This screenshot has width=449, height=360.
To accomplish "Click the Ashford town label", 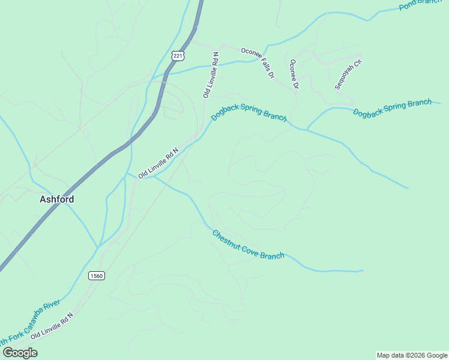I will [x=57, y=199].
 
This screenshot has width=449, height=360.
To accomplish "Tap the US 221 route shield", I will [x=177, y=55].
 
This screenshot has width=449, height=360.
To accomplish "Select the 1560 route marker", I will [x=96, y=275].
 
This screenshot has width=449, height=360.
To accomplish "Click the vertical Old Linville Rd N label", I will [x=211, y=75].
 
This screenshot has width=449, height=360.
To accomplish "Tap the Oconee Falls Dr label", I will [x=258, y=63].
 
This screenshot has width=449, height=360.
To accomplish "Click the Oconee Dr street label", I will [x=294, y=74].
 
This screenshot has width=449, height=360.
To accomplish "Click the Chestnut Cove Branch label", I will [x=248, y=245].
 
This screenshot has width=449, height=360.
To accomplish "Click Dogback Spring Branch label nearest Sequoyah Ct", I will [x=392, y=108].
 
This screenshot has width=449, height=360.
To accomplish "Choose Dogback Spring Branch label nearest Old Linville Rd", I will [x=249, y=112].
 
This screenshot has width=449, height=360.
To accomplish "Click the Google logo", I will [x=19, y=353].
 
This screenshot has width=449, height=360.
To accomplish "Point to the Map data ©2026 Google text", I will [x=412, y=355].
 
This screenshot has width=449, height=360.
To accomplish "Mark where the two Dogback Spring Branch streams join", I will [x=306, y=129].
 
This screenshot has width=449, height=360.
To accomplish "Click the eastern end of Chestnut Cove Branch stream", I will [x=363, y=271].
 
